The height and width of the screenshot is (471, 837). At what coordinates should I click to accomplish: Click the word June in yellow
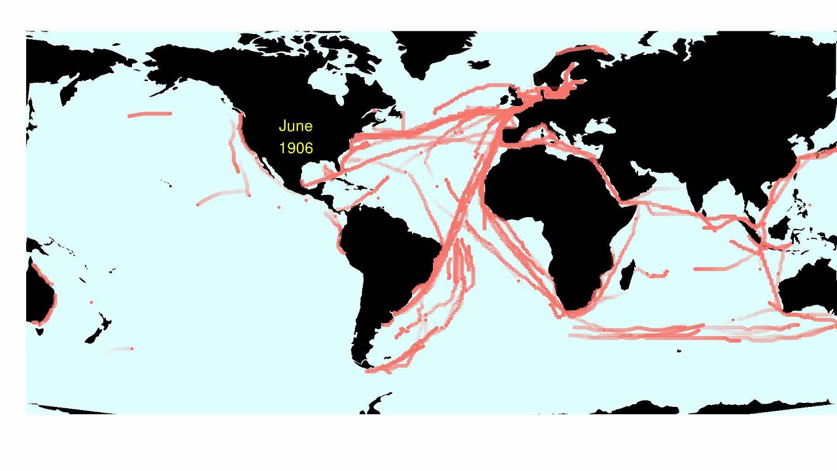tap(296, 126)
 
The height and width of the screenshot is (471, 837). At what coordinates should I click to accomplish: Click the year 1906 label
tap(296, 148)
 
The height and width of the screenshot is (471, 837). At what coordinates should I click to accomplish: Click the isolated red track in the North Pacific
tap(150, 114)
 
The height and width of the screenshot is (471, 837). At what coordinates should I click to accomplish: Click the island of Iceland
tap(479, 65)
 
